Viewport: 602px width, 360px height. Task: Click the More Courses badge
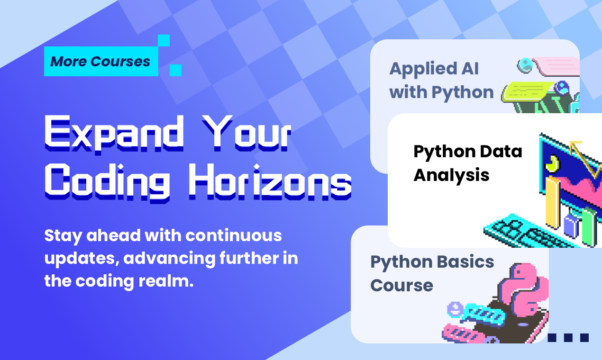101,61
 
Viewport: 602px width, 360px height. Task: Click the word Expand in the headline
114,135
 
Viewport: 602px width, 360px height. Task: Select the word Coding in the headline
107,183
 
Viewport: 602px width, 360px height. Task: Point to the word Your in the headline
246,133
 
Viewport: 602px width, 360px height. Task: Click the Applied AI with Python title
441,80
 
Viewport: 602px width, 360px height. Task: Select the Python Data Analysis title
468,163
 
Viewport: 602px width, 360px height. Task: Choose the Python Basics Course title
432,273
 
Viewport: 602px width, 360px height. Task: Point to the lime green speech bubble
528,91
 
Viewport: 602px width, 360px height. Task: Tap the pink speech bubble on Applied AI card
556,66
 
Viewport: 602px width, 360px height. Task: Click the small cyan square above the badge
164,40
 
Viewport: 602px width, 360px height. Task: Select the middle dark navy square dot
568,337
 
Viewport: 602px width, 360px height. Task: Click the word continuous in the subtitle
234,235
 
